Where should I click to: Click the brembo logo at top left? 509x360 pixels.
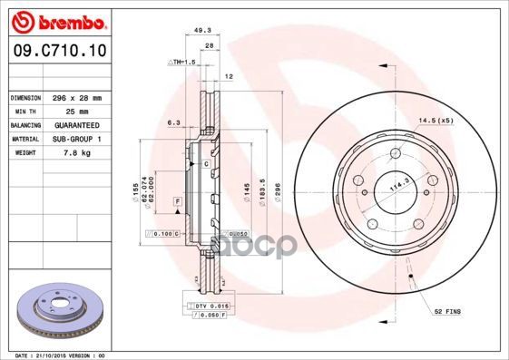(56, 20)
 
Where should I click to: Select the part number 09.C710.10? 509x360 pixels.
(55, 54)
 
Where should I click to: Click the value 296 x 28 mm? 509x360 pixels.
(77, 96)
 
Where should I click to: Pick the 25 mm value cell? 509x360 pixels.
(77, 111)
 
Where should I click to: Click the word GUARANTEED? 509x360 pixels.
(77, 124)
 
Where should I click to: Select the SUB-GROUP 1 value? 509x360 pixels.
(77, 139)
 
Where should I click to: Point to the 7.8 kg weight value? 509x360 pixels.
(77, 153)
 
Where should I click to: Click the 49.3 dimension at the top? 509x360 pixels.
(203, 31)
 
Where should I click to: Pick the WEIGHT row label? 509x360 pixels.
(24, 153)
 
